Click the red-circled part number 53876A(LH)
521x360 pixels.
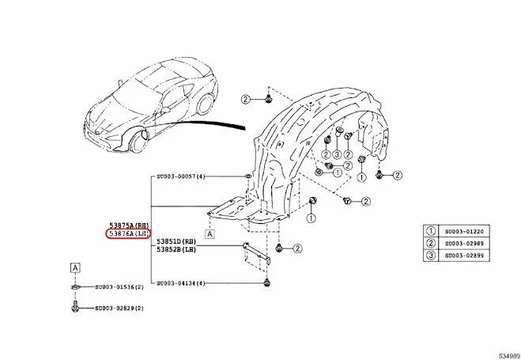click(x=128, y=234)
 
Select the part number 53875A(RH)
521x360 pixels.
click(x=128, y=225)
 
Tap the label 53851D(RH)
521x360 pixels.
click(x=176, y=241)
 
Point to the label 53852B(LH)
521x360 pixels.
click(x=176, y=249)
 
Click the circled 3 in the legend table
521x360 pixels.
click(x=432, y=256)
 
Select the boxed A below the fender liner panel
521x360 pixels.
click(x=210, y=234)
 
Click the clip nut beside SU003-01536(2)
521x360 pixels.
click(x=74, y=286)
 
